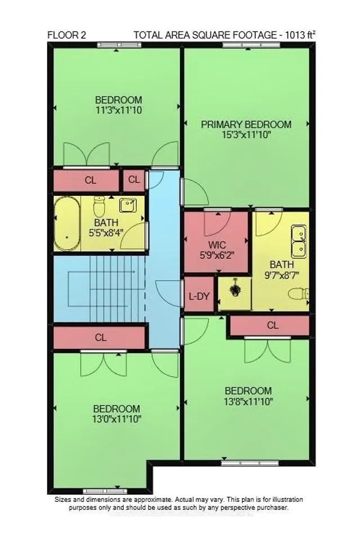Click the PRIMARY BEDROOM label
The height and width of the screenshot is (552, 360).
click(246, 124)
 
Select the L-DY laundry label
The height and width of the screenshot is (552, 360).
click(199, 294)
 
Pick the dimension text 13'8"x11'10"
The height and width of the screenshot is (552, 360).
click(248, 401)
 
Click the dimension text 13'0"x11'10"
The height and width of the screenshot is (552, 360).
click(116, 419)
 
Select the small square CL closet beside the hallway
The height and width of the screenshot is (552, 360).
click(134, 180)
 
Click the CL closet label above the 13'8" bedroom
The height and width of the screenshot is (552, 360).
click(272, 325)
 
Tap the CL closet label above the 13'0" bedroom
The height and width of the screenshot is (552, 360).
click(101, 338)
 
